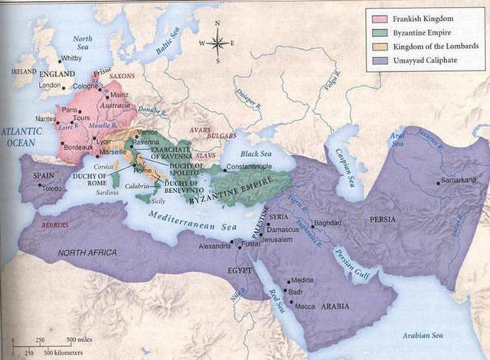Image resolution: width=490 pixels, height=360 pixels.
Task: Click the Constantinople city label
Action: [x=253, y=166]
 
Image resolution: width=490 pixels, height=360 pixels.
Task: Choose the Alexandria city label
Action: [x=214, y=247]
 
